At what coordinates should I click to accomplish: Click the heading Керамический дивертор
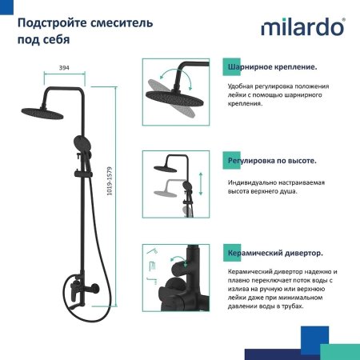pos(275,254)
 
